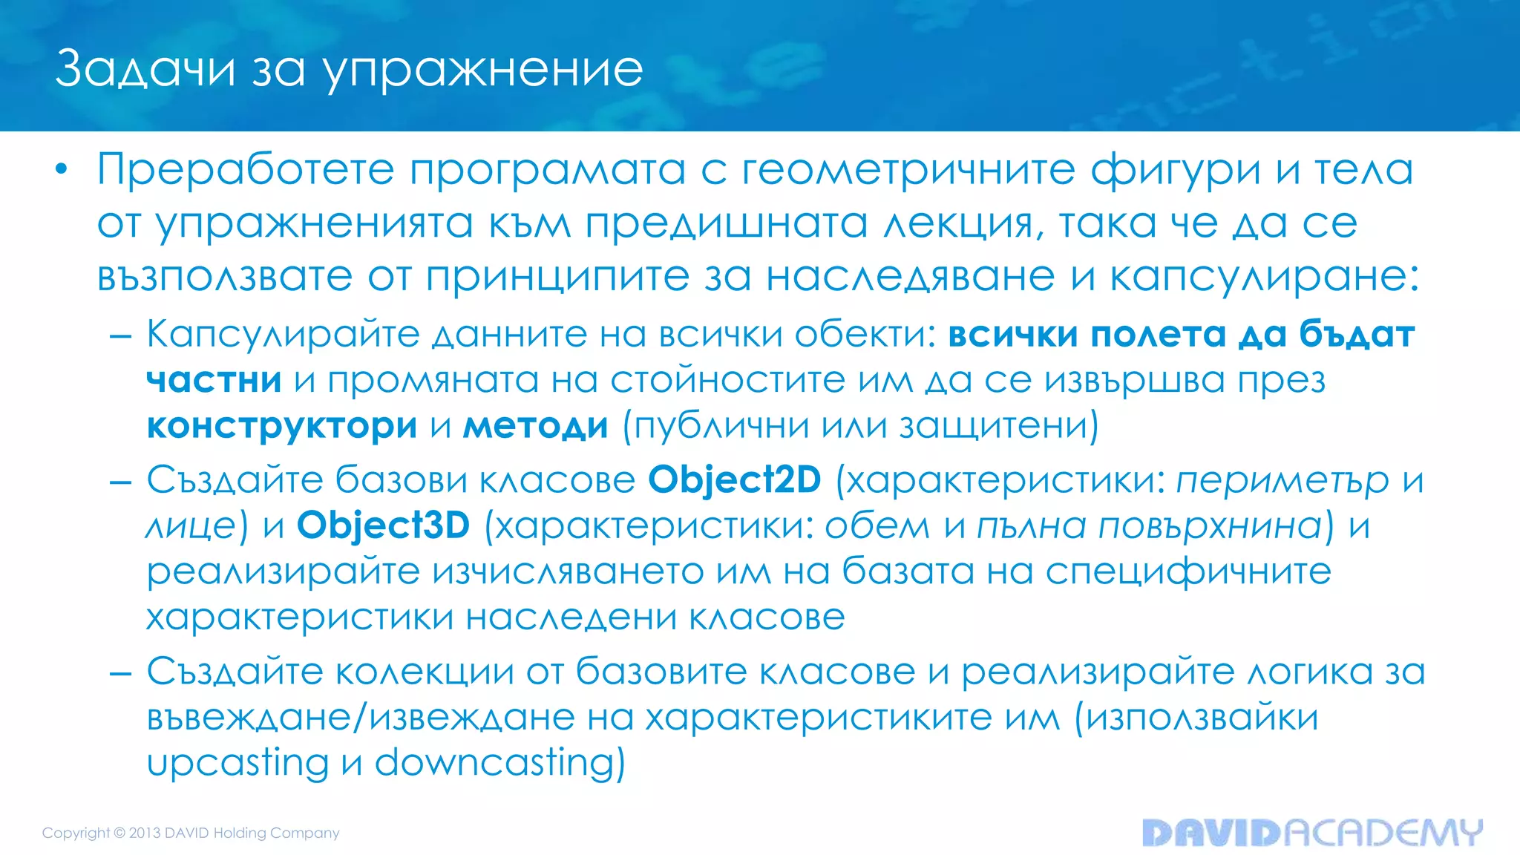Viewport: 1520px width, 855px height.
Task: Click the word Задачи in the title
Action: coord(145,69)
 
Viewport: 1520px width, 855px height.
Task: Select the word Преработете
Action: coord(245,170)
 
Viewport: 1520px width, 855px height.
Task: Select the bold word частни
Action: coord(214,380)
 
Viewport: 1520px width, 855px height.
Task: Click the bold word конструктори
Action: coord(282,426)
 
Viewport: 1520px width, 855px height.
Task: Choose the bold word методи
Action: coord(535,426)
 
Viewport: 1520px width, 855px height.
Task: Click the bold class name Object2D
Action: coord(735,480)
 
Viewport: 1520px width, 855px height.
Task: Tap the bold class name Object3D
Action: coord(383,526)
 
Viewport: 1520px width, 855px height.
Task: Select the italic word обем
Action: coord(877,526)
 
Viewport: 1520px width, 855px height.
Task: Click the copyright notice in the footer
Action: coord(191,833)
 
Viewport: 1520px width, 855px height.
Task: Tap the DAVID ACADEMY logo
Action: coord(1311,833)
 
